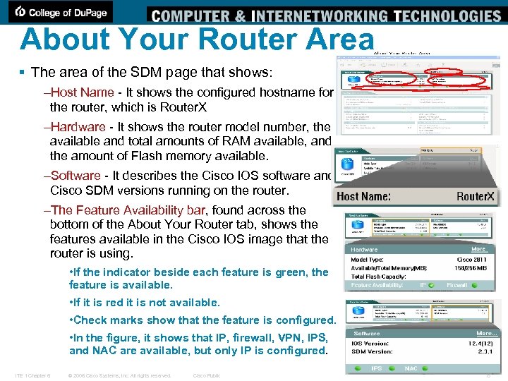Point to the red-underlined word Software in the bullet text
75,175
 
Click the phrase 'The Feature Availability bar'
129,210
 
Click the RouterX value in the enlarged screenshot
476,196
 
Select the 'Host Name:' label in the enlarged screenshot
364,196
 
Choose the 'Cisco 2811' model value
471,259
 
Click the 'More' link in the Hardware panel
479,249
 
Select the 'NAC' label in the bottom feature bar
411,368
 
